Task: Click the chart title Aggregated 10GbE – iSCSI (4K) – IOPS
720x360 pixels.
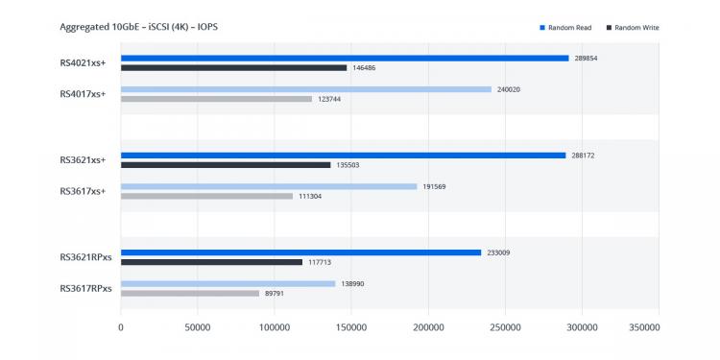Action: (x=138, y=27)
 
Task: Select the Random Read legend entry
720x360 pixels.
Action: (x=565, y=28)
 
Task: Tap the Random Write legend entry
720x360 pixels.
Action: (x=633, y=28)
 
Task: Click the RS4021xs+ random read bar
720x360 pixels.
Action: (x=345, y=59)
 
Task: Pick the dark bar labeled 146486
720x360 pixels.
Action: (x=233, y=67)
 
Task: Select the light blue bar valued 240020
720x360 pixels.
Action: (x=306, y=89)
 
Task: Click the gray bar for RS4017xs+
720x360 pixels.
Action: (x=216, y=99)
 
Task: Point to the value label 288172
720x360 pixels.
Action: (x=583, y=156)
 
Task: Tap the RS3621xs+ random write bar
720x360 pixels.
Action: (x=226, y=165)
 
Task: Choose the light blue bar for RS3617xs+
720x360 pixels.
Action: (x=269, y=187)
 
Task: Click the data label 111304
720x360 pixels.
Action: (x=310, y=196)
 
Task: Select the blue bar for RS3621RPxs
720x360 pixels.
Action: (x=300, y=252)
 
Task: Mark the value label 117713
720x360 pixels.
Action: (x=320, y=262)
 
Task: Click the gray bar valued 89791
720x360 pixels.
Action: (x=190, y=294)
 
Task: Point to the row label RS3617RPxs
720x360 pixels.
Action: (x=85, y=289)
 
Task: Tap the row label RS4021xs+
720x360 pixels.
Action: (x=83, y=63)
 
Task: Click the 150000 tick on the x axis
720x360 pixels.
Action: (x=351, y=328)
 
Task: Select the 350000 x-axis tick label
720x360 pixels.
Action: (x=644, y=328)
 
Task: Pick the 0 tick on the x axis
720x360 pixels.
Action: (x=121, y=328)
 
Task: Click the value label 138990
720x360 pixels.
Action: (x=352, y=284)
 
